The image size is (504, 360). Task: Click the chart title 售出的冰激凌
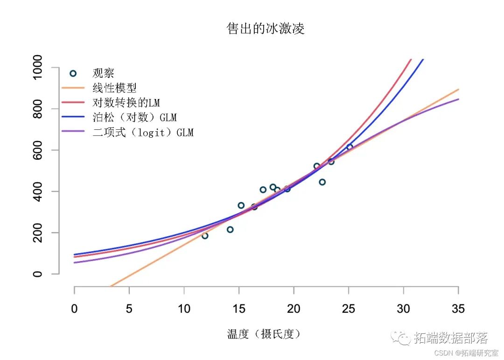266,29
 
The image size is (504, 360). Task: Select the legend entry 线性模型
114,87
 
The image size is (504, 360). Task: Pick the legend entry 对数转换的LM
126,102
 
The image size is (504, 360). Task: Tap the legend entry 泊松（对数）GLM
134,117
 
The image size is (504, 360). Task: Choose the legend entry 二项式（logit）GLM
143,133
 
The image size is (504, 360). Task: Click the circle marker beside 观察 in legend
73,73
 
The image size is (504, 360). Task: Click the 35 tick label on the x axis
458,309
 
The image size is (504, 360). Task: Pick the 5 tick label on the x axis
129,309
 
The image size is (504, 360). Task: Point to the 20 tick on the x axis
294,309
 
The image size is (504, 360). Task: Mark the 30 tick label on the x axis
403,309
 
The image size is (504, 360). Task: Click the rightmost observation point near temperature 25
350,147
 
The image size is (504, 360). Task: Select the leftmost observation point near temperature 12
205,236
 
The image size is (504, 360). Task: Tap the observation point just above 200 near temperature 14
230,229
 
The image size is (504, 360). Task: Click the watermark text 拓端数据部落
450,338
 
